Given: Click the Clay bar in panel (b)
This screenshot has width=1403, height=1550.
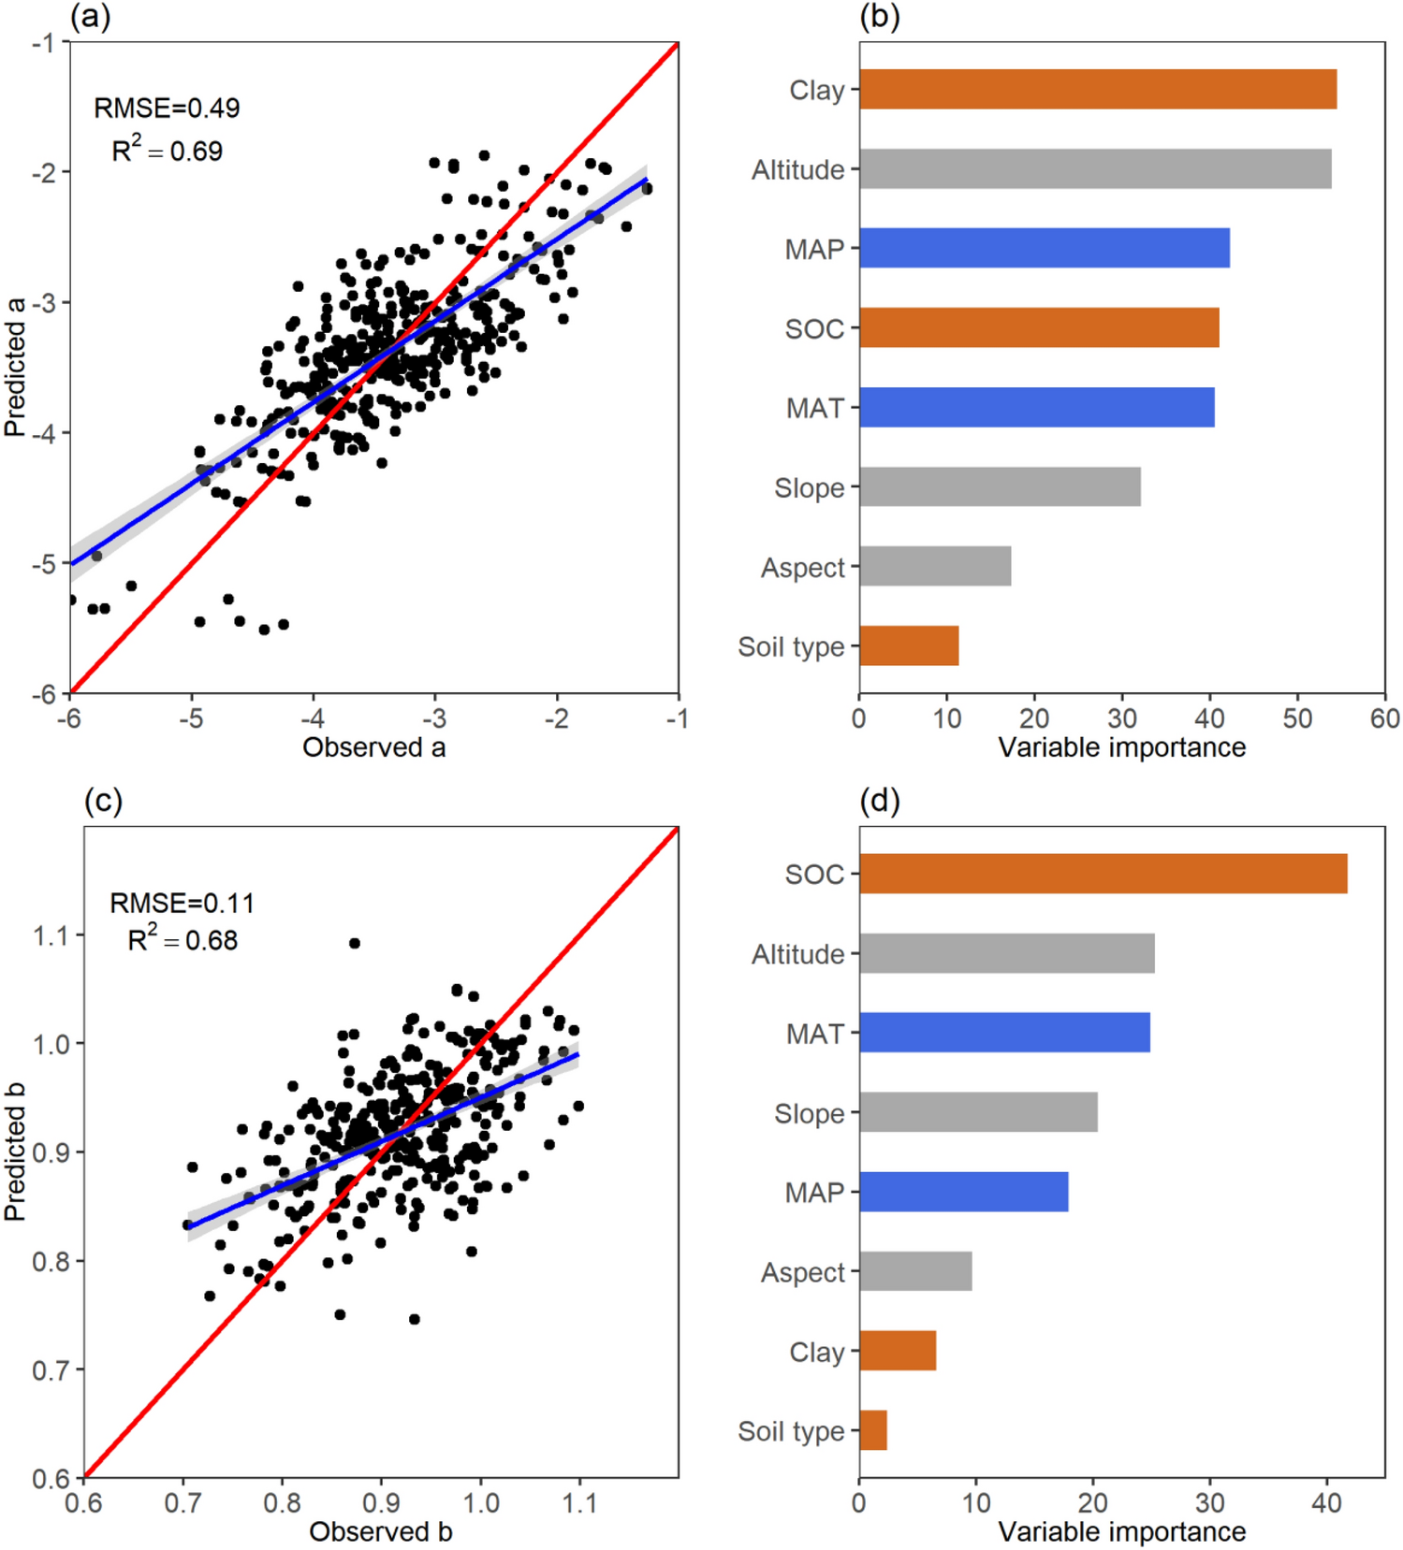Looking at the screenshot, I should (x=1097, y=90).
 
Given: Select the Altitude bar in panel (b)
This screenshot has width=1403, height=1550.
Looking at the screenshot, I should (x=1095, y=169).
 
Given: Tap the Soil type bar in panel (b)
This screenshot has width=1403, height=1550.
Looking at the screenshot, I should (x=909, y=646).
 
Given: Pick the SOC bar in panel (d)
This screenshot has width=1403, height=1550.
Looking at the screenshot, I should (x=1103, y=874).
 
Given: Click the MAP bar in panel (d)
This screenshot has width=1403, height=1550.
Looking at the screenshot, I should (x=963, y=1192).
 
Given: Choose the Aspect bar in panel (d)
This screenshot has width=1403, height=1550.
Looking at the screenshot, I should (x=915, y=1271).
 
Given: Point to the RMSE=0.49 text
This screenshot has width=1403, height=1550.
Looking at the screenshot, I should (x=167, y=109).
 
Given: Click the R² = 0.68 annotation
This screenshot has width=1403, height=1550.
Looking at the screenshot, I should (x=183, y=939).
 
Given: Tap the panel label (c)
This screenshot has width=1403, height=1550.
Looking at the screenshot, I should (x=103, y=801).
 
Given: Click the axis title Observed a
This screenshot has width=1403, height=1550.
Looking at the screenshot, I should (x=373, y=747).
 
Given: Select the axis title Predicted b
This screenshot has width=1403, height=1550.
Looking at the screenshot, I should (x=14, y=1152).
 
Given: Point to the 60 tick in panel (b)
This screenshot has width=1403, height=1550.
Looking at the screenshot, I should (x=1384, y=718).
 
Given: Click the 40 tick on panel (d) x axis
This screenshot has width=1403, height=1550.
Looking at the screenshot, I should (x=1326, y=1503).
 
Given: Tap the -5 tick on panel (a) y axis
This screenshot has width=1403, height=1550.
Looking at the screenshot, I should (x=43, y=564).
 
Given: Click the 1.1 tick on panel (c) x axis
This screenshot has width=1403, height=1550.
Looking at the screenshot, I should (x=578, y=1503).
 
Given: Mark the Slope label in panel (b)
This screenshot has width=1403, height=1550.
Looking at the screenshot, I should (x=809, y=488).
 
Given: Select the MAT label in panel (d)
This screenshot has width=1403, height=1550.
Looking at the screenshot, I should (x=814, y=1034).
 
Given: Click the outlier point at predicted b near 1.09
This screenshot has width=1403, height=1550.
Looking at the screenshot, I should (x=354, y=943).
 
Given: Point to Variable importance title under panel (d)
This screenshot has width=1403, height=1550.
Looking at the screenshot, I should (x=1121, y=1532).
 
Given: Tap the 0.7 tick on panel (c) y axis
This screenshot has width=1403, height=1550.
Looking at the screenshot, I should (x=51, y=1370).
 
